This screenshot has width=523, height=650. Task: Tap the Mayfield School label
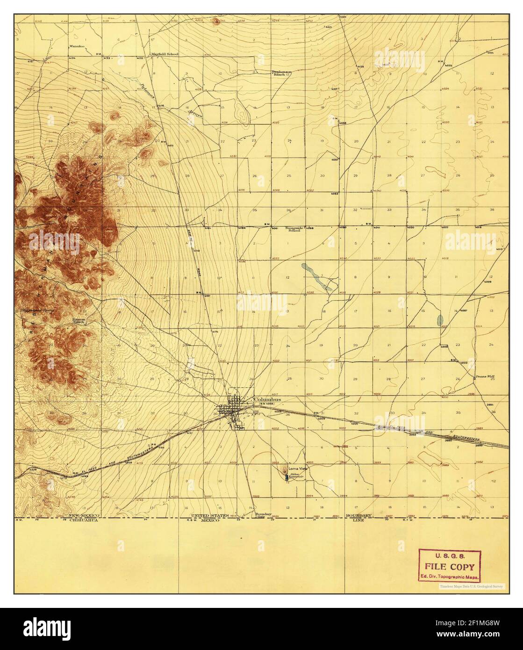coord(164,54)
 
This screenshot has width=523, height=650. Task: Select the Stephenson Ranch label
coord(282,73)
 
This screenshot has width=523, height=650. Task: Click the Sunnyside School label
coord(294,229)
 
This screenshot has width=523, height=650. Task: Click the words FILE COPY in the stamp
coord(449,567)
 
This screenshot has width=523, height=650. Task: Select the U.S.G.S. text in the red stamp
coord(449,556)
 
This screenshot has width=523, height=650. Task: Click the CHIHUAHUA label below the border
coord(84,520)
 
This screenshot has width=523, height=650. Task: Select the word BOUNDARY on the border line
coord(358,515)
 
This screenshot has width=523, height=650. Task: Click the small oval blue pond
coord(439,320)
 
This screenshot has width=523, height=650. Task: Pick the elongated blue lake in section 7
coord(315,277)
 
